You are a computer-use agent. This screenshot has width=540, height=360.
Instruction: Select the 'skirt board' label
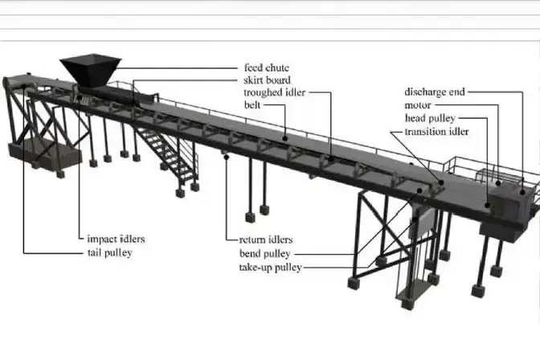point(267,80)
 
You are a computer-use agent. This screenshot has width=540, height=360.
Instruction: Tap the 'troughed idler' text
point(272,92)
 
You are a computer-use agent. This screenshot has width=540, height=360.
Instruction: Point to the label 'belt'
point(252,104)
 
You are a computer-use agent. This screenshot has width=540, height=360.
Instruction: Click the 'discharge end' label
point(433,92)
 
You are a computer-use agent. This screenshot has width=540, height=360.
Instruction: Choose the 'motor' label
point(418,105)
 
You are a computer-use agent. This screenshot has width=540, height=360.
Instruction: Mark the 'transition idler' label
point(437,132)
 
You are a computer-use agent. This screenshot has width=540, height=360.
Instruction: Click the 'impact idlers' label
point(117,239)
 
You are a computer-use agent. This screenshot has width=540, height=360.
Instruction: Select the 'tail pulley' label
point(110,252)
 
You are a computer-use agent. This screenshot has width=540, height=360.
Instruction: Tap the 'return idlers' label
point(266,239)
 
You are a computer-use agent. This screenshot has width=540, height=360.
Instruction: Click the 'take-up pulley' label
point(270,267)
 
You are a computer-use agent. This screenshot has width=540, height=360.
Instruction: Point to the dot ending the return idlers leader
point(228,157)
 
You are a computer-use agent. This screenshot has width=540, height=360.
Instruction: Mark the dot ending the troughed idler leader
point(329,158)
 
